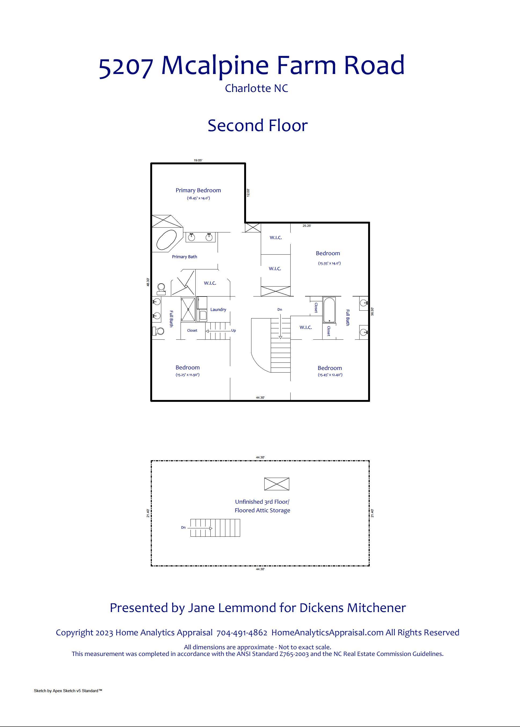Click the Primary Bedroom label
click(198, 190)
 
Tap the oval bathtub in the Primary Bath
click(167, 240)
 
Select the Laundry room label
click(218, 310)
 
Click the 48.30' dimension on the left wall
click(148, 282)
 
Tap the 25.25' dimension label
click(307, 226)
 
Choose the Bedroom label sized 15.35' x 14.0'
click(328, 253)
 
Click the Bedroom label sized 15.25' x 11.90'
click(187, 368)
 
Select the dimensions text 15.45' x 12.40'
click(330, 375)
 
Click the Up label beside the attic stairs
click(233, 331)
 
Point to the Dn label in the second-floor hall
click(280, 310)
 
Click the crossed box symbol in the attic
click(277, 484)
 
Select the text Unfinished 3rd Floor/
click(262, 502)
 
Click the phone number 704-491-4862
click(242, 633)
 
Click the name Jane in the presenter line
click(200, 608)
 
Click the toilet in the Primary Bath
click(161, 289)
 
